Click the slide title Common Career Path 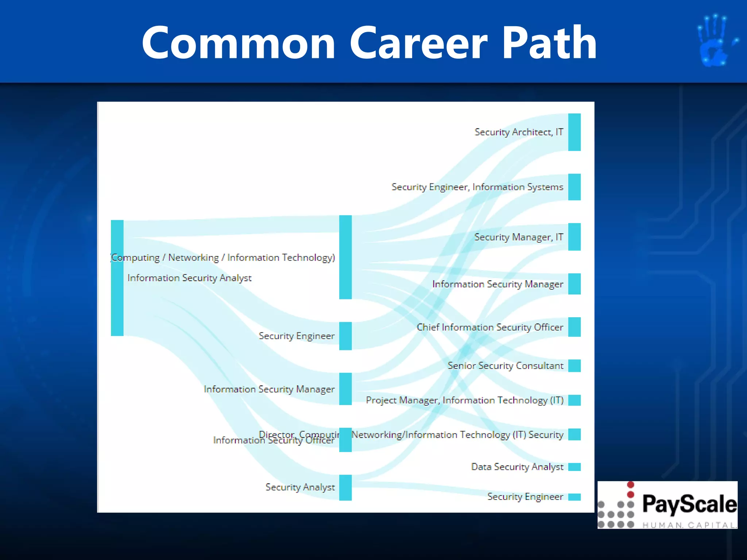369,43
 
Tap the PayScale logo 667,505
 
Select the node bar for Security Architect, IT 574,132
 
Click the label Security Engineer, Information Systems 477,187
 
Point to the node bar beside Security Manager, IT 574,237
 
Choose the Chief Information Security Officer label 490,327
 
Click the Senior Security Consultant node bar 574,366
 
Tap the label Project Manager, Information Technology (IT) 465,400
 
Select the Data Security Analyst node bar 574,467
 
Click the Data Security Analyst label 517,467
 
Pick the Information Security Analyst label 189,278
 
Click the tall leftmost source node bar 117,278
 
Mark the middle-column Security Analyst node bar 345,487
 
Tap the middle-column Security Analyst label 300,487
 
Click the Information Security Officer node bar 345,440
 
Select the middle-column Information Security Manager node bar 345,389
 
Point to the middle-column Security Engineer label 296,336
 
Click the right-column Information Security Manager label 498,284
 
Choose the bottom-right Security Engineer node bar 574,497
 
